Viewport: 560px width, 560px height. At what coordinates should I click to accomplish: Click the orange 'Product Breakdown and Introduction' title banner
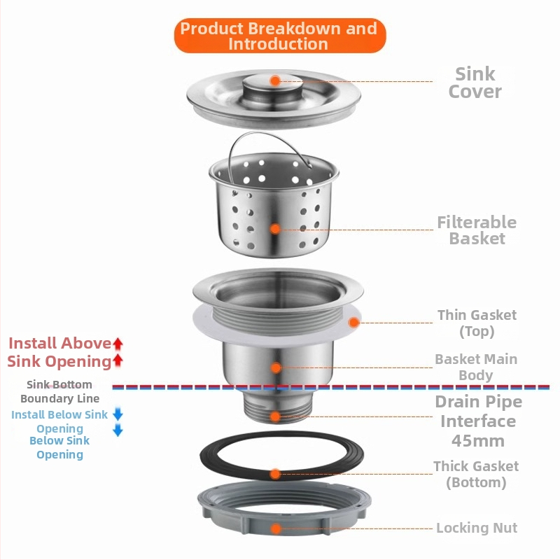279,36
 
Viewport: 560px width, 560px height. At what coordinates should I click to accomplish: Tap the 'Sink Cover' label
475,83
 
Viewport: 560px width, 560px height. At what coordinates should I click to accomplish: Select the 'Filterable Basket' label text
477,230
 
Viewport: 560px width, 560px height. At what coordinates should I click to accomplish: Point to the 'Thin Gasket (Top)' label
477,323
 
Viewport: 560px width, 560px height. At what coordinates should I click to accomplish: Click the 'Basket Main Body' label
476,366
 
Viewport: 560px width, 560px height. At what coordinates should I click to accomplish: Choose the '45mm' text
477,441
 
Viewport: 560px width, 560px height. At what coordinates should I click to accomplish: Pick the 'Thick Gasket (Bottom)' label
476,474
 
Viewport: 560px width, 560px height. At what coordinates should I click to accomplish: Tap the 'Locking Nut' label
477,528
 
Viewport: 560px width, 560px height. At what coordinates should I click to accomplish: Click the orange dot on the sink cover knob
275,81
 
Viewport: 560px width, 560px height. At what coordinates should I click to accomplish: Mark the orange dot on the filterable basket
275,229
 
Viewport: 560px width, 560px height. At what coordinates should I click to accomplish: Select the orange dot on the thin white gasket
353,323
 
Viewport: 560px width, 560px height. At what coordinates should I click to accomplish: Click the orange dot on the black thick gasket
276,474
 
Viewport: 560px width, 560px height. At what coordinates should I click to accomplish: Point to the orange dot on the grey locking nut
276,528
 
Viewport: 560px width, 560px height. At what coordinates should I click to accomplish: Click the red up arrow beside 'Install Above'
118,344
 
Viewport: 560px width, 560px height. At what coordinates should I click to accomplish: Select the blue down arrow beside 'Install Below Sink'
118,414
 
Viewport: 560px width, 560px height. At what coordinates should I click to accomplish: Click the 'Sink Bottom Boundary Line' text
59,391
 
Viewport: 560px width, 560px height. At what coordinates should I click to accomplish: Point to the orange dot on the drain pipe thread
276,416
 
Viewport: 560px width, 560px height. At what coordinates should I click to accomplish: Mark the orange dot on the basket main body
276,367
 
